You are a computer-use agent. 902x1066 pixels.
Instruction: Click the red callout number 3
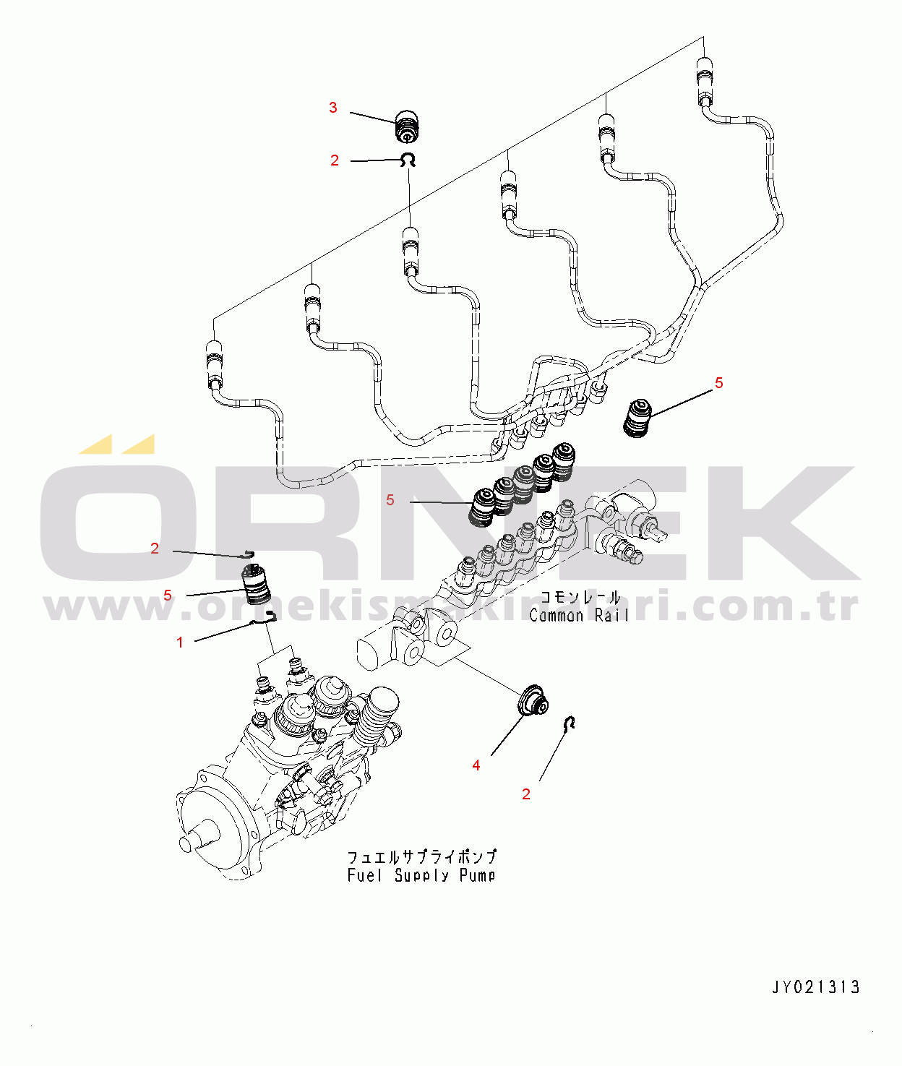pyautogui.click(x=332, y=108)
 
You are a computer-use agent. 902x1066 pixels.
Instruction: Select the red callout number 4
pyautogui.click(x=476, y=765)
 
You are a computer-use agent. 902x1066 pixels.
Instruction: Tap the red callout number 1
pyautogui.click(x=180, y=642)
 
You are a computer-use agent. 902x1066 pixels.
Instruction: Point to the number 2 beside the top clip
pyautogui.click(x=334, y=160)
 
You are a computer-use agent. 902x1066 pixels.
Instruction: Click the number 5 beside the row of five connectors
pyautogui.click(x=390, y=500)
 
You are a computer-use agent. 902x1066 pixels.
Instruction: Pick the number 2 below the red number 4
pyautogui.click(x=526, y=794)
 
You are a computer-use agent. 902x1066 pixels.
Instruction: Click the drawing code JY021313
pyautogui.click(x=816, y=987)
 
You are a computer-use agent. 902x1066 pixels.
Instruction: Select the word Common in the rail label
pyautogui.click(x=557, y=616)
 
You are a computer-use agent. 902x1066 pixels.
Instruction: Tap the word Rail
pyautogui.click(x=611, y=616)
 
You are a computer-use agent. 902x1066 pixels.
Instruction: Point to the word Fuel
pyautogui.click(x=364, y=876)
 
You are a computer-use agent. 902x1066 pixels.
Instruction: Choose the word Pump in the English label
pyautogui.click(x=478, y=876)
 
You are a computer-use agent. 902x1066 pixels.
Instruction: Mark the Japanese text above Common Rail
pyautogui.click(x=580, y=598)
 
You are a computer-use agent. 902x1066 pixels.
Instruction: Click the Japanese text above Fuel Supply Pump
pyautogui.click(x=422, y=857)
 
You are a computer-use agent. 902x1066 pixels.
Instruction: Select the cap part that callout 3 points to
pyautogui.click(x=408, y=127)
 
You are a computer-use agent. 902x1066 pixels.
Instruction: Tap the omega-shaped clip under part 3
pyautogui.click(x=409, y=160)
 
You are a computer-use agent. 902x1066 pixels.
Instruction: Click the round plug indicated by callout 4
pyautogui.click(x=533, y=699)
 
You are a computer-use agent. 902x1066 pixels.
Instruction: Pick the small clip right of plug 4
pyautogui.click(x=570, y=722)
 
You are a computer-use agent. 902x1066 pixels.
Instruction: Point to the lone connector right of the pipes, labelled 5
pyautogui.click(x=637, y=418)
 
